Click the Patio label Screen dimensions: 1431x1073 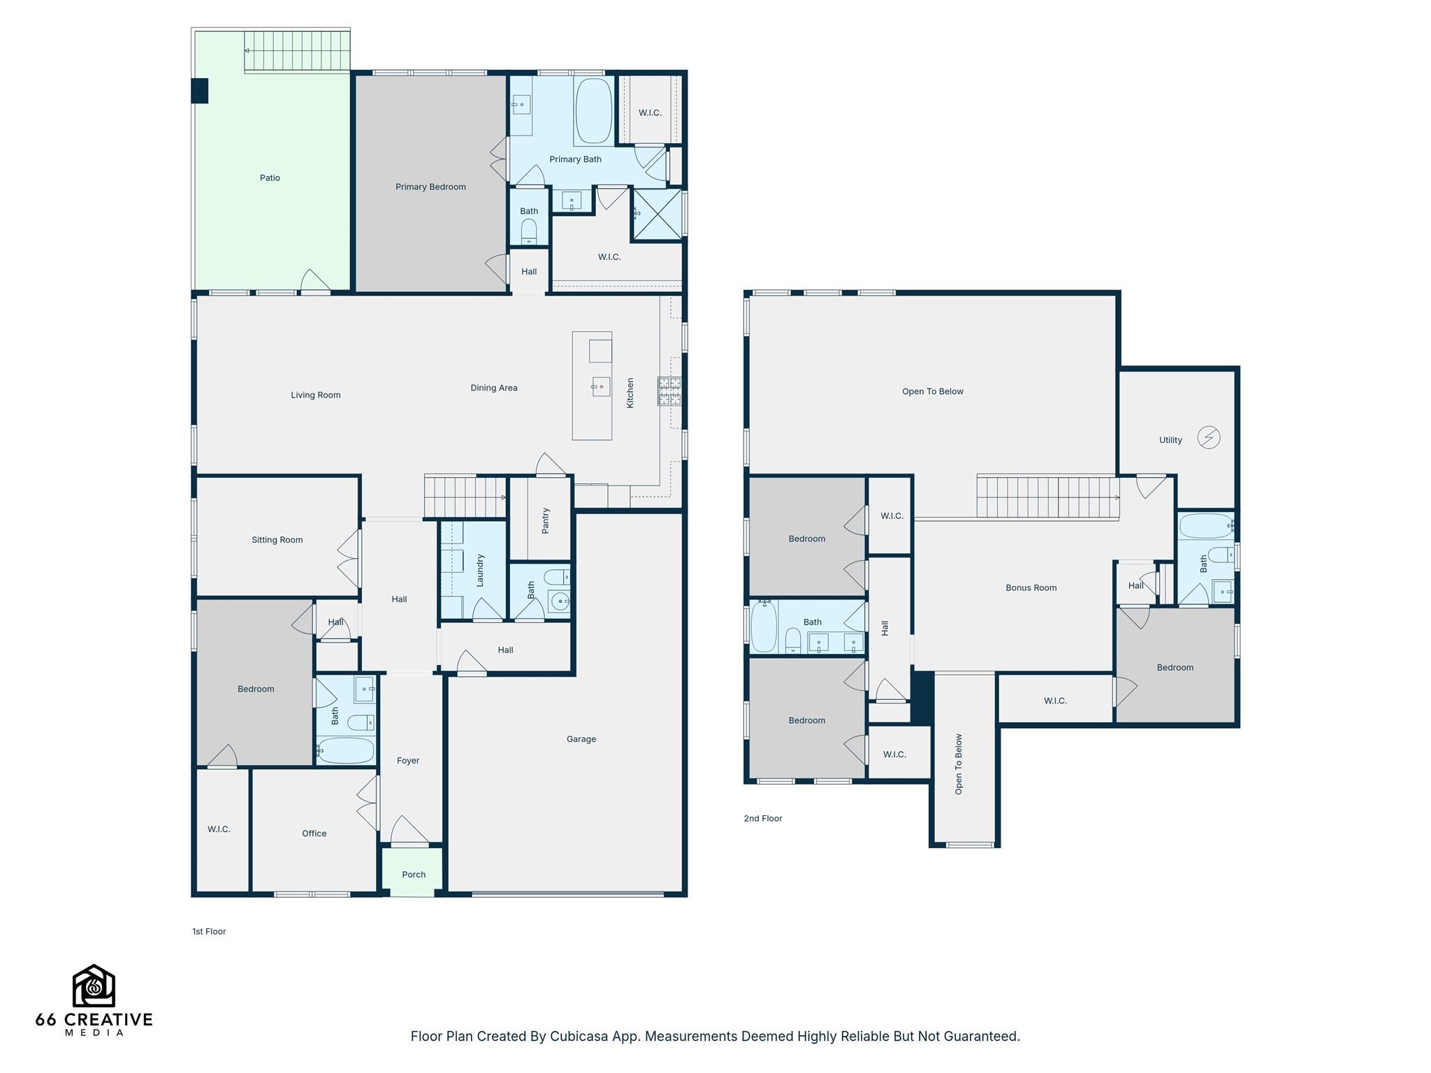click(x=270, y=178)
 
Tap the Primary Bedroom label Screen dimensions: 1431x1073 click(x=430, y=187)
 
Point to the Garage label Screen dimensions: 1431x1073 click(x=581, y=739)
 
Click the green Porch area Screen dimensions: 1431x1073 click(x=413, y=872)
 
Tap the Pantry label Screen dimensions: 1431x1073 click(x=546, y=520)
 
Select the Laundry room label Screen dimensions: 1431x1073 click(x=480, y=570)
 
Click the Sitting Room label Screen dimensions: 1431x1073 click(x=277, y=540)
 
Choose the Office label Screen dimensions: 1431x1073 click(x=314, y=833)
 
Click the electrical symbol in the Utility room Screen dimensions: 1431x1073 click(x=1209, y=438)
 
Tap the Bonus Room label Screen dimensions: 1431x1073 click(x=1031, y=588)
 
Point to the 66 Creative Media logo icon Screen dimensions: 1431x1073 click(x=94, y=986)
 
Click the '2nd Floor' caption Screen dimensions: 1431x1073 click(x=763, y=819)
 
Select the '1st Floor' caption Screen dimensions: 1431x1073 click(x=209, y=932)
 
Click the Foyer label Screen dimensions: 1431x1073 click(x=408, y=761)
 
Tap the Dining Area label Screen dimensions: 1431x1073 click(x=494, y=388)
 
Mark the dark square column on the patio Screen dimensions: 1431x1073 click(x=200, y=91)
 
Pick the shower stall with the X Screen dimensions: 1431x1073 click(x=657, y=214)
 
